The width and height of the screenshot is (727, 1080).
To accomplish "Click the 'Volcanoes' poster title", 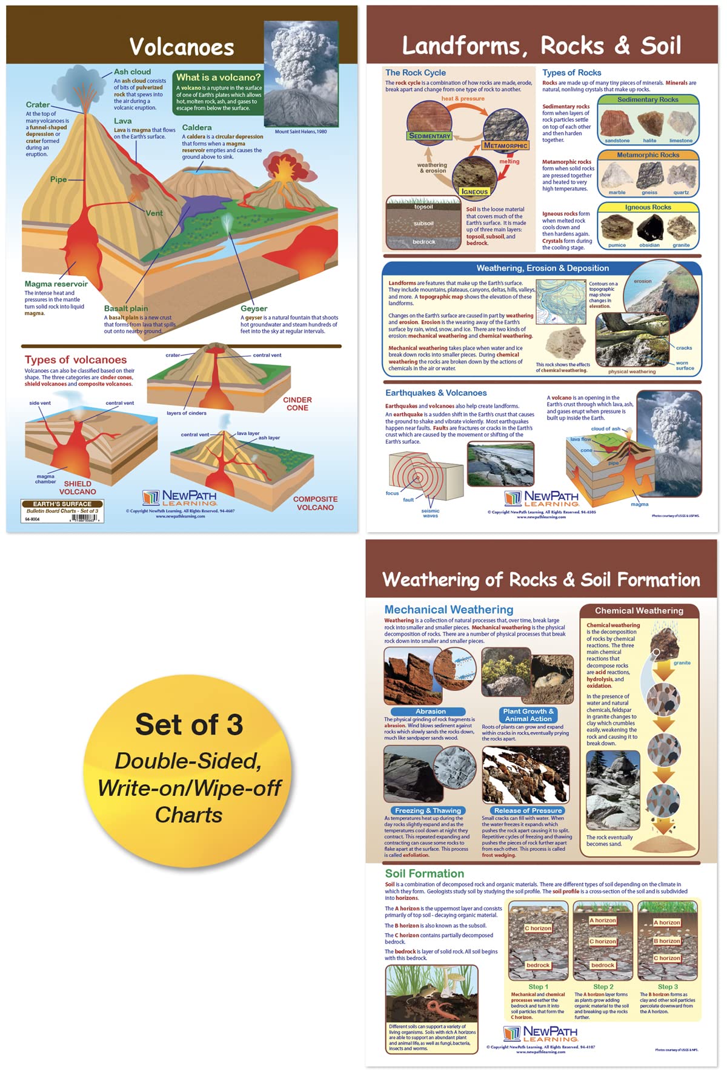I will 182,47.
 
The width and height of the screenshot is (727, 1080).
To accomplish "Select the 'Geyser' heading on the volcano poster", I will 254,308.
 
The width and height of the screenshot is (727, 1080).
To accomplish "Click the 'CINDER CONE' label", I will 297,404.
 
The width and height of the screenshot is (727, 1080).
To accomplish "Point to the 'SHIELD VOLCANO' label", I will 78,488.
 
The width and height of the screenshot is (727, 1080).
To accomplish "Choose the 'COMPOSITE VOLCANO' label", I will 315,503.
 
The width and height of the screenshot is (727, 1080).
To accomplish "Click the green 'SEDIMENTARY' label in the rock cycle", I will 430,136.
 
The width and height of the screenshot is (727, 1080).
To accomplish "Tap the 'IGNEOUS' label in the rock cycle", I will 474,192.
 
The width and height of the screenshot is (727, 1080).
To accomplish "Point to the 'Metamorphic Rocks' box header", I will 648,155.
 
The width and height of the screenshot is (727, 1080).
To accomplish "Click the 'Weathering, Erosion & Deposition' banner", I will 542,268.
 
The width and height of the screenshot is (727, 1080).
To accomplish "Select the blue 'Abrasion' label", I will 430,712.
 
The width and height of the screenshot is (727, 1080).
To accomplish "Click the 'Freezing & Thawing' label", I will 428,810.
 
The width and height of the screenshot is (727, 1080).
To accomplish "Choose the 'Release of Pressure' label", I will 528,810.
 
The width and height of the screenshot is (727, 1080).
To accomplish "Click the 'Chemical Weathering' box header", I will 639,611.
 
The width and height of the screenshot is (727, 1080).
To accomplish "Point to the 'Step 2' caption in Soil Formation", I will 603,987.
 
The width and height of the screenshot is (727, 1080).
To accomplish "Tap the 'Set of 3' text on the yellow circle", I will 189,725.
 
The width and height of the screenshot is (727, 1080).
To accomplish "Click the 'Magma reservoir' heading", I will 56,284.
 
